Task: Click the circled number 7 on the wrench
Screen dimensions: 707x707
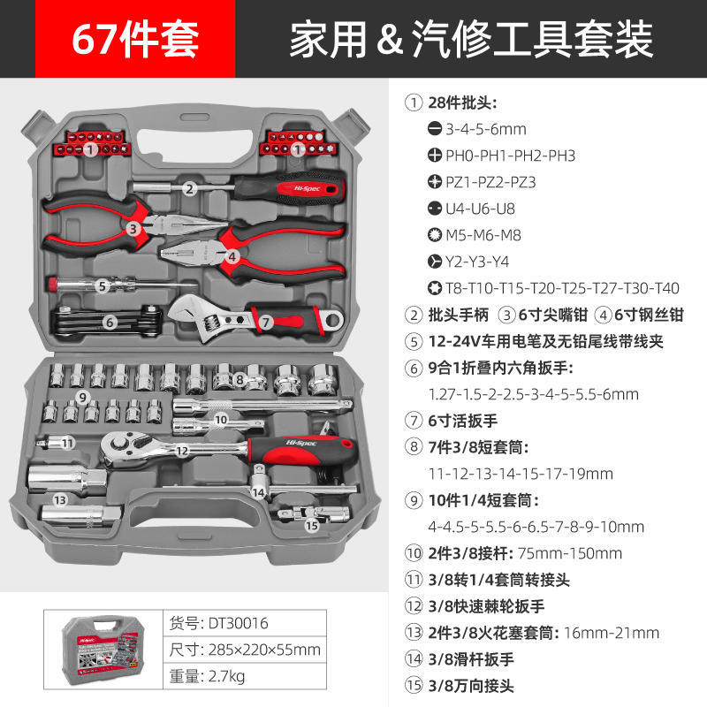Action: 265,323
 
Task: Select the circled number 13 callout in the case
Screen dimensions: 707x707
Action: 61,499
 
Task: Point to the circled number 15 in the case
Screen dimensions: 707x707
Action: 310,525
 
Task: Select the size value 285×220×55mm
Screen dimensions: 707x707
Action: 263,650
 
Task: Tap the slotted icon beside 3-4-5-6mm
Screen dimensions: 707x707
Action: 435,129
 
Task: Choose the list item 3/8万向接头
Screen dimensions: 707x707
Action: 470,685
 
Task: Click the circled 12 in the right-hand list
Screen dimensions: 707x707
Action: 414,606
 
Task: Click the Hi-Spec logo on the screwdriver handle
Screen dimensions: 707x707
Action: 297,187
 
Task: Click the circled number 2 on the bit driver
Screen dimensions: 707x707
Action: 189,187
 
